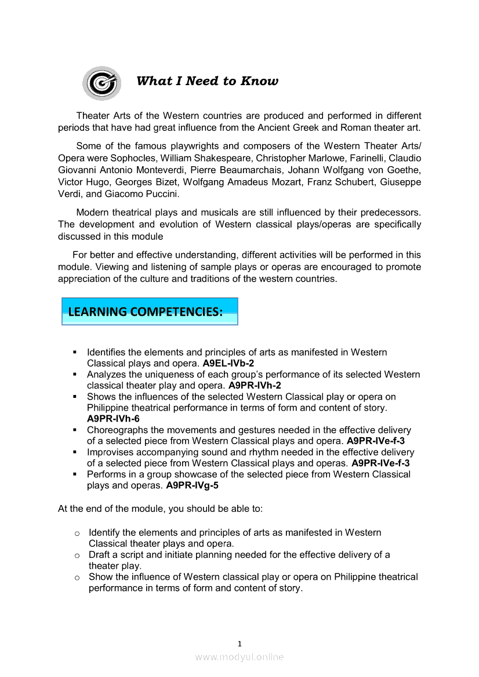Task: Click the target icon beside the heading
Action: pyautogui.click(x=102, y=83)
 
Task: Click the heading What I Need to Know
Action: pyautogui.click(x=207, y=81)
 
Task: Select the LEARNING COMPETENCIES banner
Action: pyautogui.click(x=150, y=312)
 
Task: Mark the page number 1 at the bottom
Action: pyautogui.click(x=239, y=643)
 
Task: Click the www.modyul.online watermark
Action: pyautogui.click(x=239, y=657)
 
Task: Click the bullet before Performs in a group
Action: pyautogui.click(x=75, y=474)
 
